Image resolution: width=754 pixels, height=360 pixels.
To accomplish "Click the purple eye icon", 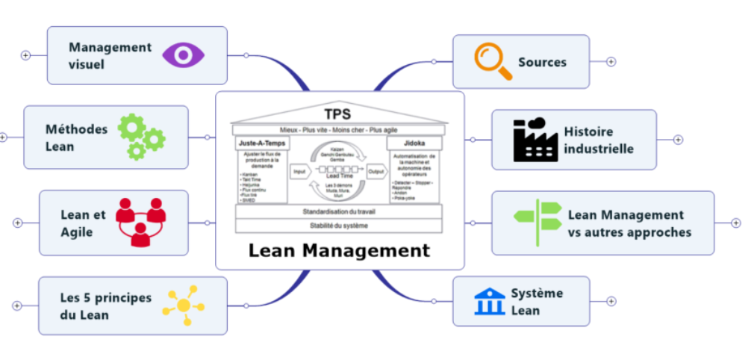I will [x=183, y=55].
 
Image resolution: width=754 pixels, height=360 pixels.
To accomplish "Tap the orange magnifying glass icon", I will [x=493, y=61].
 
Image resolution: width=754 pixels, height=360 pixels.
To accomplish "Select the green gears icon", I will [x=141, y=137].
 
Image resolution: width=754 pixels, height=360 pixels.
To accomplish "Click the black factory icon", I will [x=535, y=140].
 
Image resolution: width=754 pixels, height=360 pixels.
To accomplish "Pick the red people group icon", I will [x=140, y=222].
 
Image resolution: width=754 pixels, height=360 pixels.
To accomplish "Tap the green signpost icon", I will [x=538, y=222].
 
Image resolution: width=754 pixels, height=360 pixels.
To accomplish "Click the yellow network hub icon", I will [x=183, y=305].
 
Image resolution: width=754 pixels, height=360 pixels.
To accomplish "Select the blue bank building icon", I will [x=489, y=301].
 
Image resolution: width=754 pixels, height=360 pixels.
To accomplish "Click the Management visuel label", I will [x=110, y=55].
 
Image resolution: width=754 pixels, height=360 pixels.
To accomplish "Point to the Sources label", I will [x=542, y=62].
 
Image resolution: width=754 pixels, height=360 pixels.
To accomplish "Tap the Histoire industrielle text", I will [x=598, y=140].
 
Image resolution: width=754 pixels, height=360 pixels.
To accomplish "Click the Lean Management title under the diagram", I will [x=340, y=250].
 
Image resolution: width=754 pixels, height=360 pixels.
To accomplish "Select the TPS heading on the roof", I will [x=340, y=114].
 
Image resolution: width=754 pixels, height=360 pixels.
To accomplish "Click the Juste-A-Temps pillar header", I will [x=261, y=141].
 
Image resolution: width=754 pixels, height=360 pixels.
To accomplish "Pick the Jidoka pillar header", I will [x=414, y=141].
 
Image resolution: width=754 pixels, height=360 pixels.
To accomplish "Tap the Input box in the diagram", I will [x=299, y=171].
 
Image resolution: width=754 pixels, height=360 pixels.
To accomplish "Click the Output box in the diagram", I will [x=376, y=171].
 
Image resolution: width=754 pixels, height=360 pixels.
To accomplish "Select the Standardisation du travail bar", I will [x=340, y=211].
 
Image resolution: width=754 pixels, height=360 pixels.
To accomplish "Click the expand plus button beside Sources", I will [x=611, y=61].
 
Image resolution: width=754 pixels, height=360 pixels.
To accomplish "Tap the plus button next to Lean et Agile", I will [x=18, y=223].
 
